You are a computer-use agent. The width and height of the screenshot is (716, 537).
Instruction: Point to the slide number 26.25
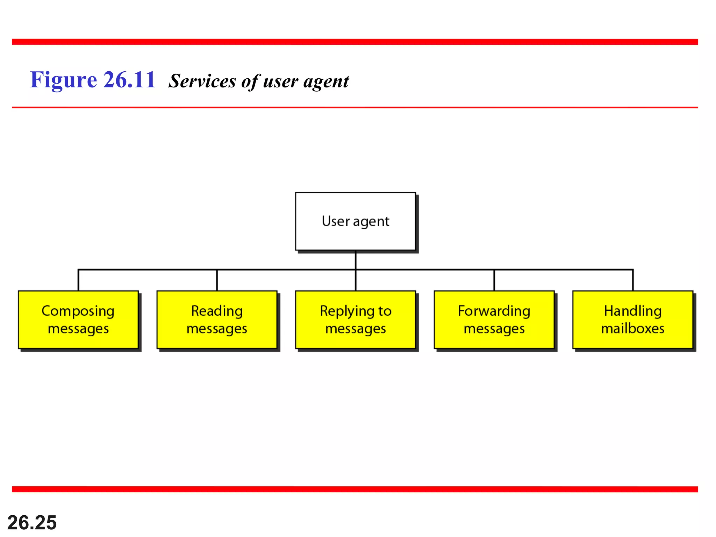[32, 522]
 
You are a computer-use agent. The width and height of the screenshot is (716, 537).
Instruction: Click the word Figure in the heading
[63, 80]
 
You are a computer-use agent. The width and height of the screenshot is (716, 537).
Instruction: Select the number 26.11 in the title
[129, 80]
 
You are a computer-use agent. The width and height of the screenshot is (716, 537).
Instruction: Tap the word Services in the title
[202, 81]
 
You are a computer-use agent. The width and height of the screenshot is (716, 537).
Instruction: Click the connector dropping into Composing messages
[78, 280]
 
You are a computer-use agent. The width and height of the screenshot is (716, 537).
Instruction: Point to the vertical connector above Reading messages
[217, 280]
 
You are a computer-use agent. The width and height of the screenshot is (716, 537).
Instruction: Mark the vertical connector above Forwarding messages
[494, 280]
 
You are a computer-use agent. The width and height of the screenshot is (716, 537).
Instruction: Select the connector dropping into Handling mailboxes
[633, 280]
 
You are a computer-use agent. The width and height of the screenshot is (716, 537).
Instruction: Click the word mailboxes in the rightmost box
[632, 329]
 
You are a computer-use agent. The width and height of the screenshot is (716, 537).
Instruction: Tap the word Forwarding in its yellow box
[494, 311]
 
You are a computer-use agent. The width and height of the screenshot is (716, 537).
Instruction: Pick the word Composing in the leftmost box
[78, 311]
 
